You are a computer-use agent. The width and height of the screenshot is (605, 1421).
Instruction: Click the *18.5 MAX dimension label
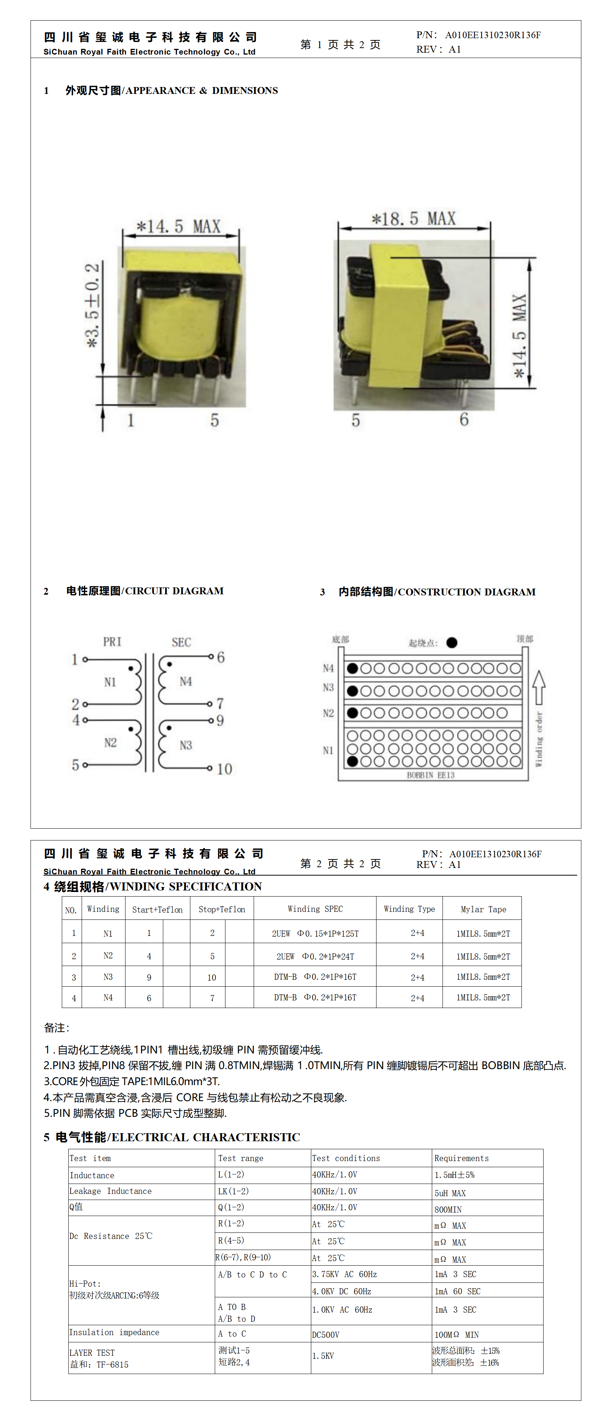(x=414, y=219)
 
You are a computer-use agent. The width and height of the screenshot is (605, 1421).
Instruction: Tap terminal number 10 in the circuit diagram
(x=224, y=769)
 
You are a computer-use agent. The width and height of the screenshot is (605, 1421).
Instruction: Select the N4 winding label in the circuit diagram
(x=186, y=682)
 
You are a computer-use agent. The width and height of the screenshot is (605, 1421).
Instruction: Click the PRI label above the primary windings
(x=112, y=642)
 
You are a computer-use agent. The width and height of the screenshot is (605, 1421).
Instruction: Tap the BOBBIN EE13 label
(x=431, y=775)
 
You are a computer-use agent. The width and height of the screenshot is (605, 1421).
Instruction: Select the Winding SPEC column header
(x=315, y=908)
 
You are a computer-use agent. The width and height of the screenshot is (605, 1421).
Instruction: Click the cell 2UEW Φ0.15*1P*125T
(x=315, y=933)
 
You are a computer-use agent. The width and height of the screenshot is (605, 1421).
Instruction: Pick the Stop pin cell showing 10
(x=212, y=977)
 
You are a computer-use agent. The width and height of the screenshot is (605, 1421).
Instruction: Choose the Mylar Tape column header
(x=483, y=909)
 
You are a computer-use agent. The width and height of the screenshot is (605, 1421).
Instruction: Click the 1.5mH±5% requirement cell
(x=454, y=1175)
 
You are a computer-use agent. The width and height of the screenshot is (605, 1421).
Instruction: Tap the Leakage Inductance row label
(x=110, y=1191)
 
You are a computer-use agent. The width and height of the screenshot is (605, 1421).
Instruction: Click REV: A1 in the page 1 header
(x=438, y=49)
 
